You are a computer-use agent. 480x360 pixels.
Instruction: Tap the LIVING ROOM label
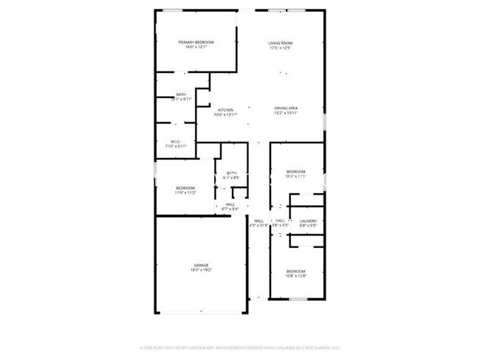point(280,43)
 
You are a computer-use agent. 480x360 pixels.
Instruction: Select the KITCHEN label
point(225,110)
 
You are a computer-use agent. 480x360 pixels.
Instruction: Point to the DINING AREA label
point(286,108)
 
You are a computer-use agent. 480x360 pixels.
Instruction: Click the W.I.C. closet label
point(176,142)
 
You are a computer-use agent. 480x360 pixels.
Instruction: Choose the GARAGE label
point(201,265)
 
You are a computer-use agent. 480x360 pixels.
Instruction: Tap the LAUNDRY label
point(308,221)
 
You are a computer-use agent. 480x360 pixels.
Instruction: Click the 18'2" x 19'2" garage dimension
point(201,270)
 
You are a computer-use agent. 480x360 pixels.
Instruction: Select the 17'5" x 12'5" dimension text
point(280,49)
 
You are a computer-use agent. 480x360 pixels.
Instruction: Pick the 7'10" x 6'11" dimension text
point(176,147)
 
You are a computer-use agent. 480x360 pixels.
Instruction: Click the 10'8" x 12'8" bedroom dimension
point(295,276)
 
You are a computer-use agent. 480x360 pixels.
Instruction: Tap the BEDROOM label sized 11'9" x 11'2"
point(185,187)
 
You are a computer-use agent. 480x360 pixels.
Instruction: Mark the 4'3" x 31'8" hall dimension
point(259,226)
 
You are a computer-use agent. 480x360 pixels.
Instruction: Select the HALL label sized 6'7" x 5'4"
point(230,204)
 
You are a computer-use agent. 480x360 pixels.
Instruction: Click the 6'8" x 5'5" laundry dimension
point(308,226)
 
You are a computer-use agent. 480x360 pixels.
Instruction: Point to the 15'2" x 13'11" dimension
point(286,114)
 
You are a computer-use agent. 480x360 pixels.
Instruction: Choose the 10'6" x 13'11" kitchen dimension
point(225,115)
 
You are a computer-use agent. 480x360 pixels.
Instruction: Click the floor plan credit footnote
point(239,347)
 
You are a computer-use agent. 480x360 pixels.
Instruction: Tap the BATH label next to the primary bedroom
point(181,94)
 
